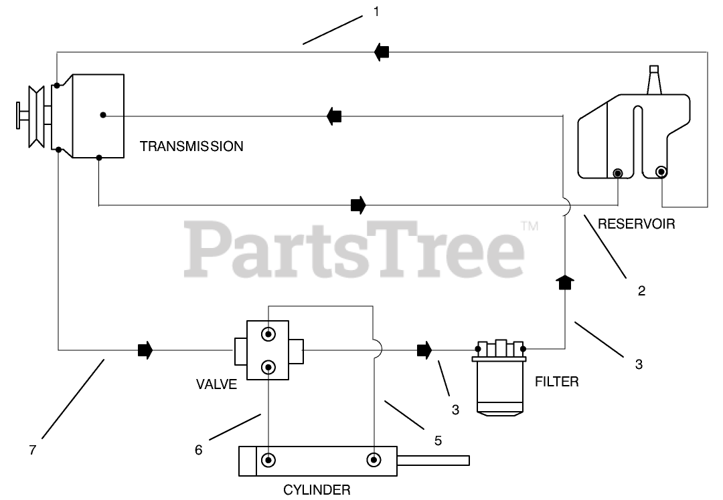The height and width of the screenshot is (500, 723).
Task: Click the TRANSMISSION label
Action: (x=191, y=146)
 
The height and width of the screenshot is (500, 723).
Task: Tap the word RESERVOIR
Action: (x=637, y=224)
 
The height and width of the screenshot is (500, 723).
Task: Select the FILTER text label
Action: (x=556, y=381)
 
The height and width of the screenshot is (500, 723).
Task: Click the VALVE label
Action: (x=217, y=384)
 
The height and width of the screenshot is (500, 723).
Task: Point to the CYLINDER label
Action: (x=317, y=489)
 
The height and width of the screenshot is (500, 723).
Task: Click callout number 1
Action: (x=376, y=11)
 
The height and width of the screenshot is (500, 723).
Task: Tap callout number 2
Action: (x=641, y=291)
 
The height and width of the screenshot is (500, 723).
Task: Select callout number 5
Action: (x=438, y=441)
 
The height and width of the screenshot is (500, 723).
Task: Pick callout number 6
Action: (x=198, y=450)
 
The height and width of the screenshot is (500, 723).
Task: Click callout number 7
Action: (x=32, y=450)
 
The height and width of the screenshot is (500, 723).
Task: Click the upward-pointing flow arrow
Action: (x=565, y=282)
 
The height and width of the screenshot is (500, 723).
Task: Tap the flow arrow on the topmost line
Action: (x=382, y=52)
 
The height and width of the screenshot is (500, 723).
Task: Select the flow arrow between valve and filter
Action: (x=424, y=350)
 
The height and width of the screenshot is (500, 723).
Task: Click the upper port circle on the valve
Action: (x=268, y=334)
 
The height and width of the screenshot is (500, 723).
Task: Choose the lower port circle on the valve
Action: (x=268, y=368)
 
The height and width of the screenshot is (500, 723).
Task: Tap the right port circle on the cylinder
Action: (x=374, y=459)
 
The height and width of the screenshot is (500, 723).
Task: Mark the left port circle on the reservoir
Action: (x=617, y=173)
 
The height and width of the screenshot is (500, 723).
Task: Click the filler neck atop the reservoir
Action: (x=654, y=80)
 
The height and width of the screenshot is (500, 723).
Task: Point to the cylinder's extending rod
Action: (x=433, y=460)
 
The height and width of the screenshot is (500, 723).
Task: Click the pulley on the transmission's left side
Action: (x=36, y=117)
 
